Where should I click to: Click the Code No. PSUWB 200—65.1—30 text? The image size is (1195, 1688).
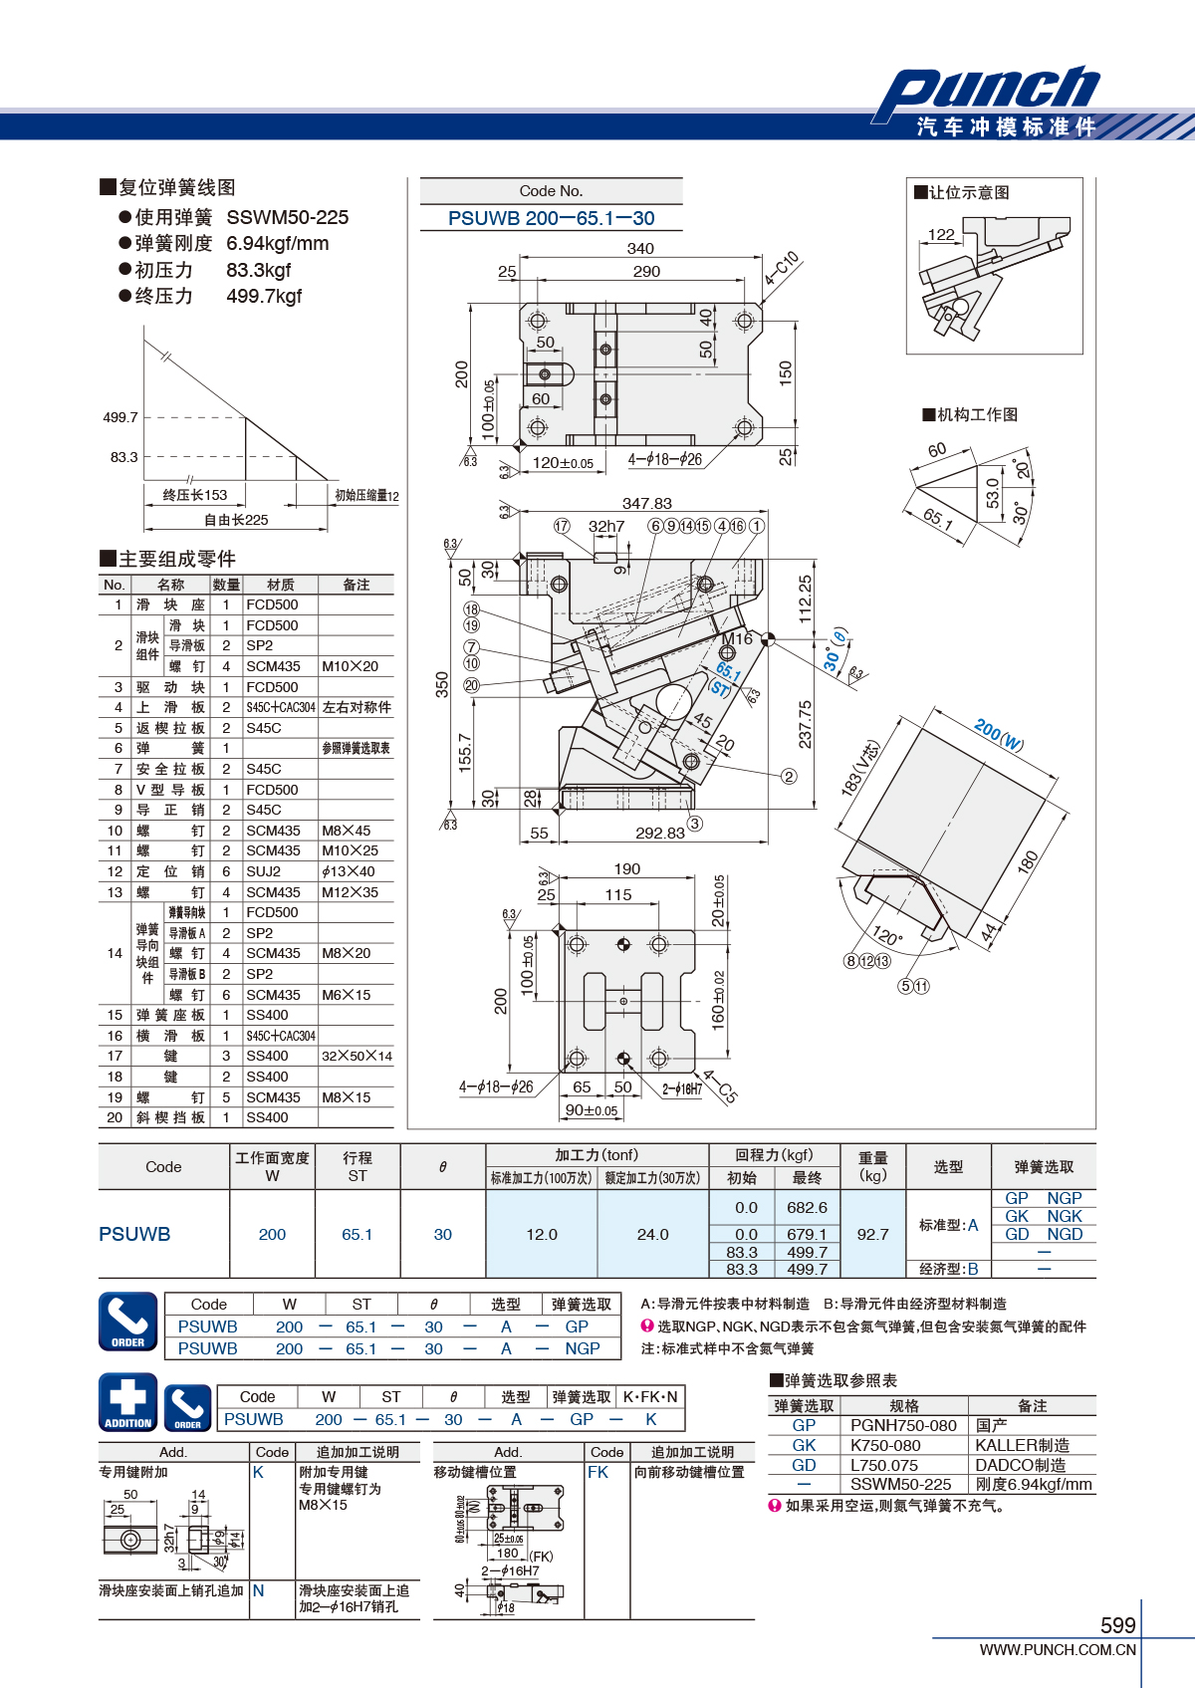551,218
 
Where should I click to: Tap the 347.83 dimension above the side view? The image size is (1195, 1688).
646,503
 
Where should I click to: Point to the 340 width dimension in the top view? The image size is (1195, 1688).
640,249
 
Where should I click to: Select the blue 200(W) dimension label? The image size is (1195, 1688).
999,734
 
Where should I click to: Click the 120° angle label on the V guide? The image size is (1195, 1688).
887,936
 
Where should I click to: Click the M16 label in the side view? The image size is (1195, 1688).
737,639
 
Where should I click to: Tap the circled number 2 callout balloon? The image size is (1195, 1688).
789,776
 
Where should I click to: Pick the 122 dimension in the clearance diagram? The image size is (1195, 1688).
941,234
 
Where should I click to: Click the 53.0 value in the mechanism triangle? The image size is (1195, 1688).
992,493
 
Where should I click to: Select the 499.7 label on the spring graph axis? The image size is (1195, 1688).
120,417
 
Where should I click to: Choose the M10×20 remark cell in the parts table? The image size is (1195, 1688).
349,666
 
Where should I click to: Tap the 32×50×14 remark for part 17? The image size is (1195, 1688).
358,1057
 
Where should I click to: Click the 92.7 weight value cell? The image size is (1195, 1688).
872,1234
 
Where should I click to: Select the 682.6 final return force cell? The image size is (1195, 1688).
807,1208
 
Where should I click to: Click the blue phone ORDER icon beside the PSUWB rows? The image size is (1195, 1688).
128,1322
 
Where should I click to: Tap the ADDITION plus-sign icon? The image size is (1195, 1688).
128,1401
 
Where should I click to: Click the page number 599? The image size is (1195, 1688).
1118,1625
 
